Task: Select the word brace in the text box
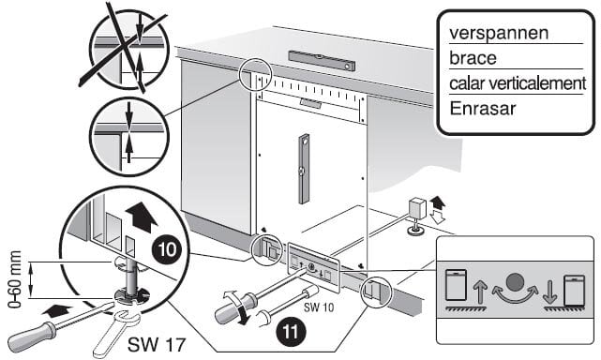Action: click(x=474, y=57)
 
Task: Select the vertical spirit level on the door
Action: click(x=302, y=169)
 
